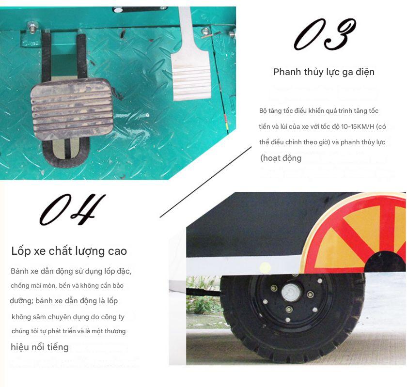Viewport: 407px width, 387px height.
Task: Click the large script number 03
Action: click(325, 34)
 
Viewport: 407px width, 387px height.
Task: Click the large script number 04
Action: click(73, 209)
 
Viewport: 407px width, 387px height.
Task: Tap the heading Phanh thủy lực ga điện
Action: click(324, 72)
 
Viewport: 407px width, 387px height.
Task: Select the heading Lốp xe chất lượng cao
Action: click(69, 251)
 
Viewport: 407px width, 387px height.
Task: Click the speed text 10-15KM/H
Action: click(358, 126)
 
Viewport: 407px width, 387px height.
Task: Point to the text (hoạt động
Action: click(281, 158)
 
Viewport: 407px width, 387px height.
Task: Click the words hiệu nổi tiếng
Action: click(39, 347)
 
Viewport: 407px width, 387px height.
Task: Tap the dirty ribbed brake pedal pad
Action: click(72, 109)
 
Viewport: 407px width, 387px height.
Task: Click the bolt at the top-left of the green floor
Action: click(32, 27)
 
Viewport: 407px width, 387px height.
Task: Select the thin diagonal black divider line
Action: click(205, 182)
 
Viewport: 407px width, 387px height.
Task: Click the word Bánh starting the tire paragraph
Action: click(20, 271)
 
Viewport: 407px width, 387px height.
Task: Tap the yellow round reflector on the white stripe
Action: click(265, 267)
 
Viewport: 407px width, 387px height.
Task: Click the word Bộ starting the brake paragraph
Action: click(263, 111)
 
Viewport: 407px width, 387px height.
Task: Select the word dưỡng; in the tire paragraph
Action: click(21, 301)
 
